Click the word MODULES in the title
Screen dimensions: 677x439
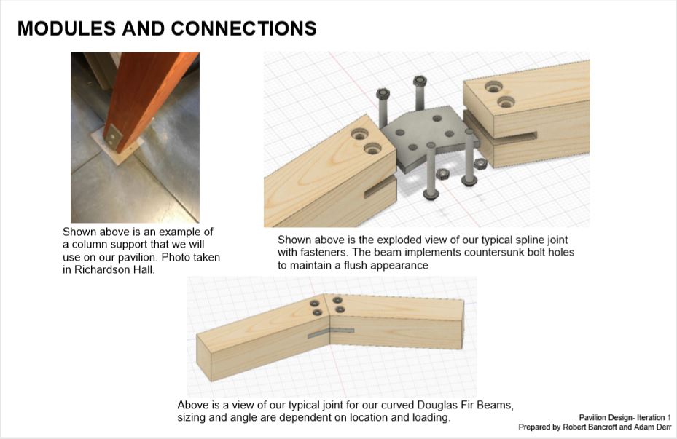(66, 28)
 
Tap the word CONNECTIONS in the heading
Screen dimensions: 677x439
(244, 28)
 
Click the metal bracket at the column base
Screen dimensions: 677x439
(113, 137)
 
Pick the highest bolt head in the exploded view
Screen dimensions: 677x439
(420, 81)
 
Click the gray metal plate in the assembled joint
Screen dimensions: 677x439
(331, 332)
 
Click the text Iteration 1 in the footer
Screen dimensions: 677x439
(654, 417)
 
